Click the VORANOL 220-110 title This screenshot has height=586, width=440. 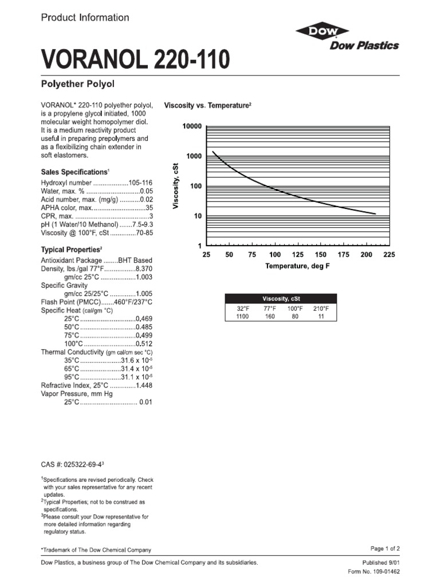[x=135, y=60]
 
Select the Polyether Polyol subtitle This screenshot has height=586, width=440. [x=78, y=84]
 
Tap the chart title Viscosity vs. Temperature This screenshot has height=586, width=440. [x=207, y=106]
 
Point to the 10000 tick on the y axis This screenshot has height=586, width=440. [x=192, y=126]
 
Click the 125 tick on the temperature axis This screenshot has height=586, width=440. [x=298, y=255]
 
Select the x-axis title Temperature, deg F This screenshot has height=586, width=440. [x=297, y=267]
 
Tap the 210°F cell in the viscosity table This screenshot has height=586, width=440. [x=321, y=308]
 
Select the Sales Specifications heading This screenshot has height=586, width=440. [x=74, y=172]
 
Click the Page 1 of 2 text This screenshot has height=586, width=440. [x=384, y=548]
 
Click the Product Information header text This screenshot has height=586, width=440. [x=85, y=18]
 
